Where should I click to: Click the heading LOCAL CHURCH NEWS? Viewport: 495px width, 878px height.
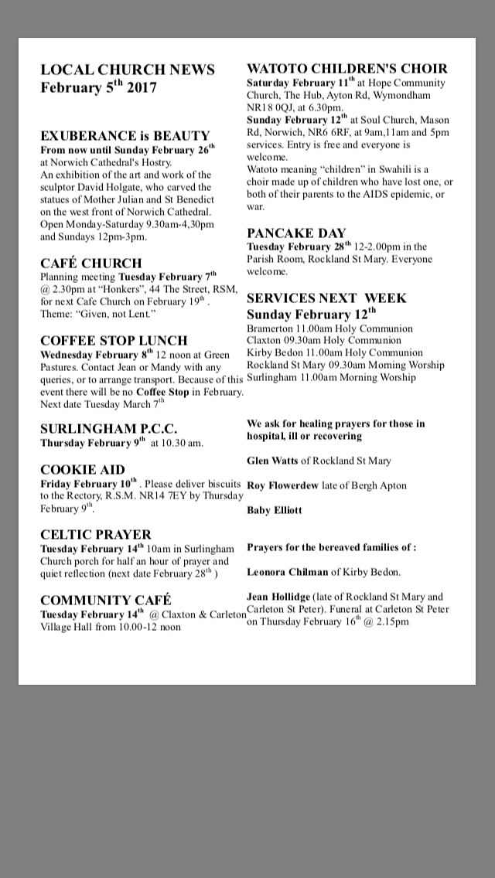coord(128,70)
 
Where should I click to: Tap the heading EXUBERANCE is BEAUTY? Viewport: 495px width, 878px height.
coord(125,135)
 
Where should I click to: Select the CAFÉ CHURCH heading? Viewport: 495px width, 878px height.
coord(91,263)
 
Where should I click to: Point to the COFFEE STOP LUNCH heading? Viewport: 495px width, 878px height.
coord(114,340)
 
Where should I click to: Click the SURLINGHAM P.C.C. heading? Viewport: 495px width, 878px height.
coord(109,428)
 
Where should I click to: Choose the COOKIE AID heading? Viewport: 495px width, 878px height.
coord(82,469)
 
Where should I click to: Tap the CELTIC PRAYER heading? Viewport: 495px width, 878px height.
coord(96,534)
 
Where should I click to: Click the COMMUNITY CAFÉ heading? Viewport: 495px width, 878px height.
coord(106,600)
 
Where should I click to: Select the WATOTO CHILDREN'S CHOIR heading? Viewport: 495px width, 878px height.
coord(346,69)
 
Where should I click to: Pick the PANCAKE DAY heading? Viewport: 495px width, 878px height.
coord(296,233)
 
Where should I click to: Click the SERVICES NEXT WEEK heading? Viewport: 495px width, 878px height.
coord(326,298)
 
